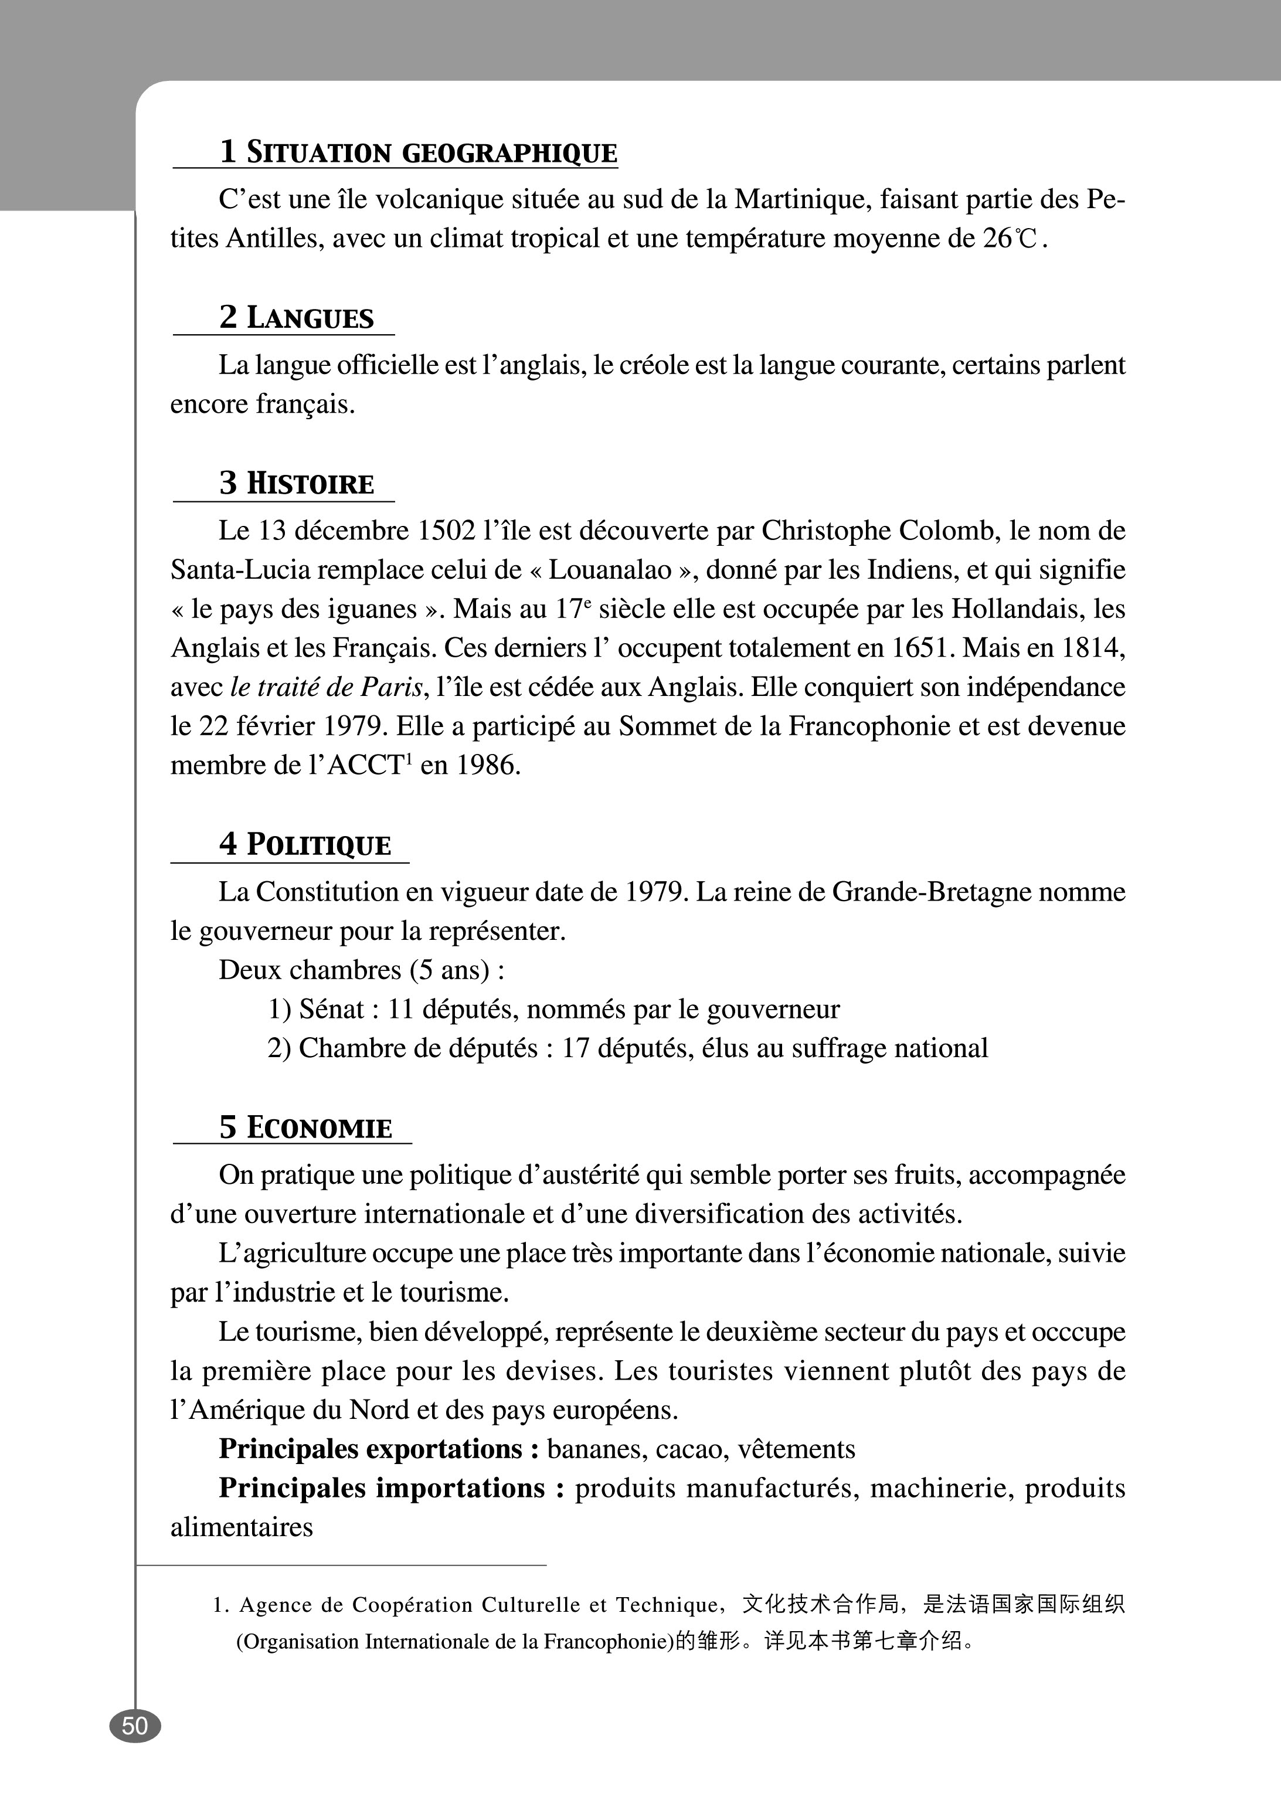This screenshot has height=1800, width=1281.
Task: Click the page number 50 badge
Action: coord(135,1726)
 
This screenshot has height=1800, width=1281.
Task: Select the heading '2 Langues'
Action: coord(297,318)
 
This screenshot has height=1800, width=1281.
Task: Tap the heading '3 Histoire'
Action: coord(297,484)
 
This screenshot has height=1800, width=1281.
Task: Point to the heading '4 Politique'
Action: coord(305,845)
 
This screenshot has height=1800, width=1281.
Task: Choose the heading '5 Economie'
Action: coord(305,1128)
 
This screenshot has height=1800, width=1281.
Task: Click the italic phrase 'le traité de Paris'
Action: coord(327,688)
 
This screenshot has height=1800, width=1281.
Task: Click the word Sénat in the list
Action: coord(332,1010)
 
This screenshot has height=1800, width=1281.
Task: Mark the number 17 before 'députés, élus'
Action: coord(575,1048)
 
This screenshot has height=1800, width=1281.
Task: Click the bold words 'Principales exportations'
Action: coord(371,1449)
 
